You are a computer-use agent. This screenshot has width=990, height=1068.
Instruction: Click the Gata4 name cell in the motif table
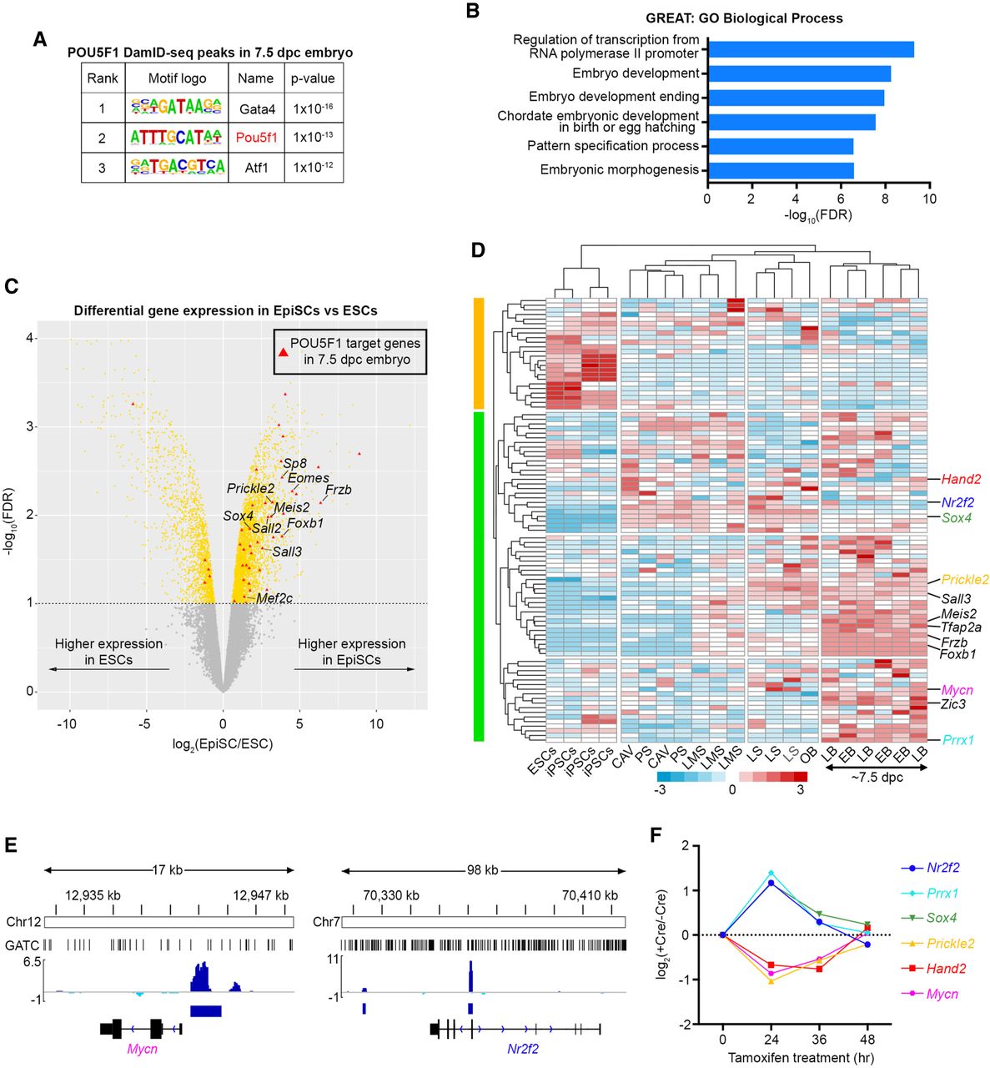tap(255, 108)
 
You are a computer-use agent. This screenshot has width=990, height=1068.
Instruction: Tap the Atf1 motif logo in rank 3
tap(177, 167)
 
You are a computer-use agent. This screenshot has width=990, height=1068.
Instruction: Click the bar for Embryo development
tap(799, 73)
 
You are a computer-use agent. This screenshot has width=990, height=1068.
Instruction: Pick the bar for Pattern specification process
tap(780, 146)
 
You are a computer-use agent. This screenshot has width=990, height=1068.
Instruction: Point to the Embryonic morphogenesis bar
tap(780, 170)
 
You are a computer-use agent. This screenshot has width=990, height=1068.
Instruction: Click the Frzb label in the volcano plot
tap(338, 490)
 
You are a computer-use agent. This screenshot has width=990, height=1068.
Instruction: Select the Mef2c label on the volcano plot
tap(274, 598)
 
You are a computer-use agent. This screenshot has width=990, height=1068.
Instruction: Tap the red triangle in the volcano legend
tap(284, 351)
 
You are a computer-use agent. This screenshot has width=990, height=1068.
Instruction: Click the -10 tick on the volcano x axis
tap(67, 723)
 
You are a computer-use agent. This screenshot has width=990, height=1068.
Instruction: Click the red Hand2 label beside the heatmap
tap(961, 479)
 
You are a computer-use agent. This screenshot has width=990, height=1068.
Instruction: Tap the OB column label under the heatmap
tap(806, 757)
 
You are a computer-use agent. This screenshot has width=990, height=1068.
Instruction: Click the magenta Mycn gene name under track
tap(142, 1050)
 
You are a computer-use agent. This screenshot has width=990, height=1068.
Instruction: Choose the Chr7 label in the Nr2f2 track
tap(325, 922)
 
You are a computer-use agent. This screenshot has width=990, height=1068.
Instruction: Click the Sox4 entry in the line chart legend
tap(942, 918)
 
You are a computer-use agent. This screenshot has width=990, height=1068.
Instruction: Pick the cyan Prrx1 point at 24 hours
tap(771, 873)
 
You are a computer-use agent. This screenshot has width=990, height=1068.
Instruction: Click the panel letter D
tap(478, 250)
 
